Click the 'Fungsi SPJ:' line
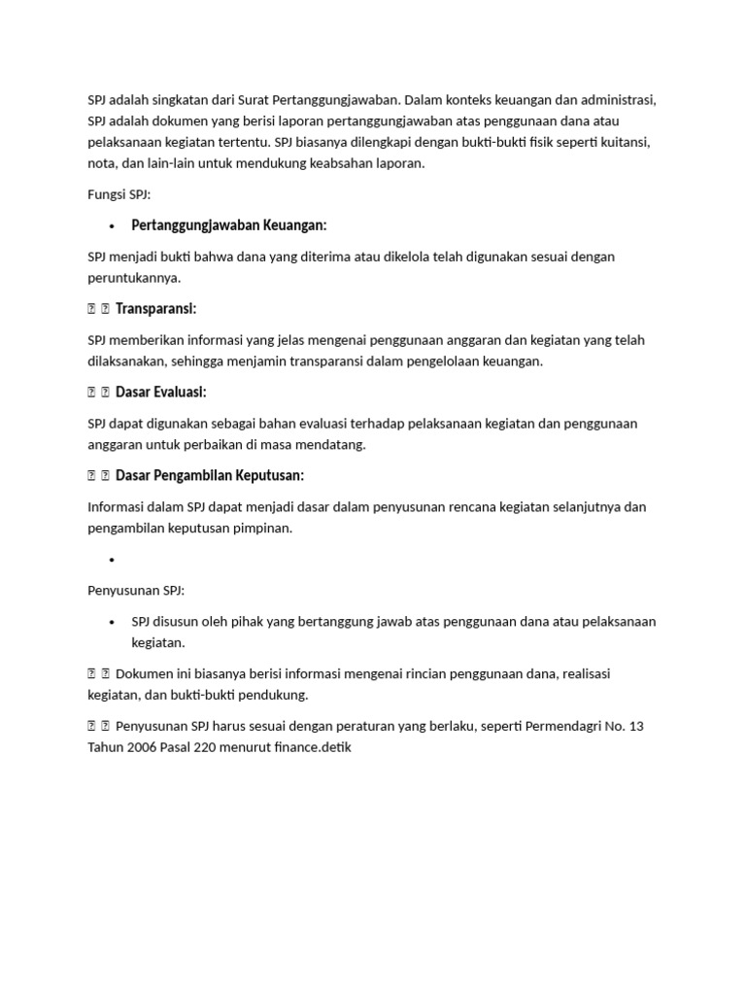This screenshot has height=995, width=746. [119, 194]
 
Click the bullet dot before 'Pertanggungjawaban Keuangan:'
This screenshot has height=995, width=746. [113, 226]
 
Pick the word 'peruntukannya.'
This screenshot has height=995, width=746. [134, 278]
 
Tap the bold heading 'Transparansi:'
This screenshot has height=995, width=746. [156, 309]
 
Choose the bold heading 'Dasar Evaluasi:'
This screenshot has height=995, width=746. [161, 393]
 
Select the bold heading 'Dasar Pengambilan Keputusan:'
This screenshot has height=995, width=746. [210, 476]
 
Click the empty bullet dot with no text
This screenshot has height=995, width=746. [113, 561]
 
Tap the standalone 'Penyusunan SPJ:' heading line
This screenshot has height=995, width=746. [136, 591]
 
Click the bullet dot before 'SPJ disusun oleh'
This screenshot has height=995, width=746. [113, 622]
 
